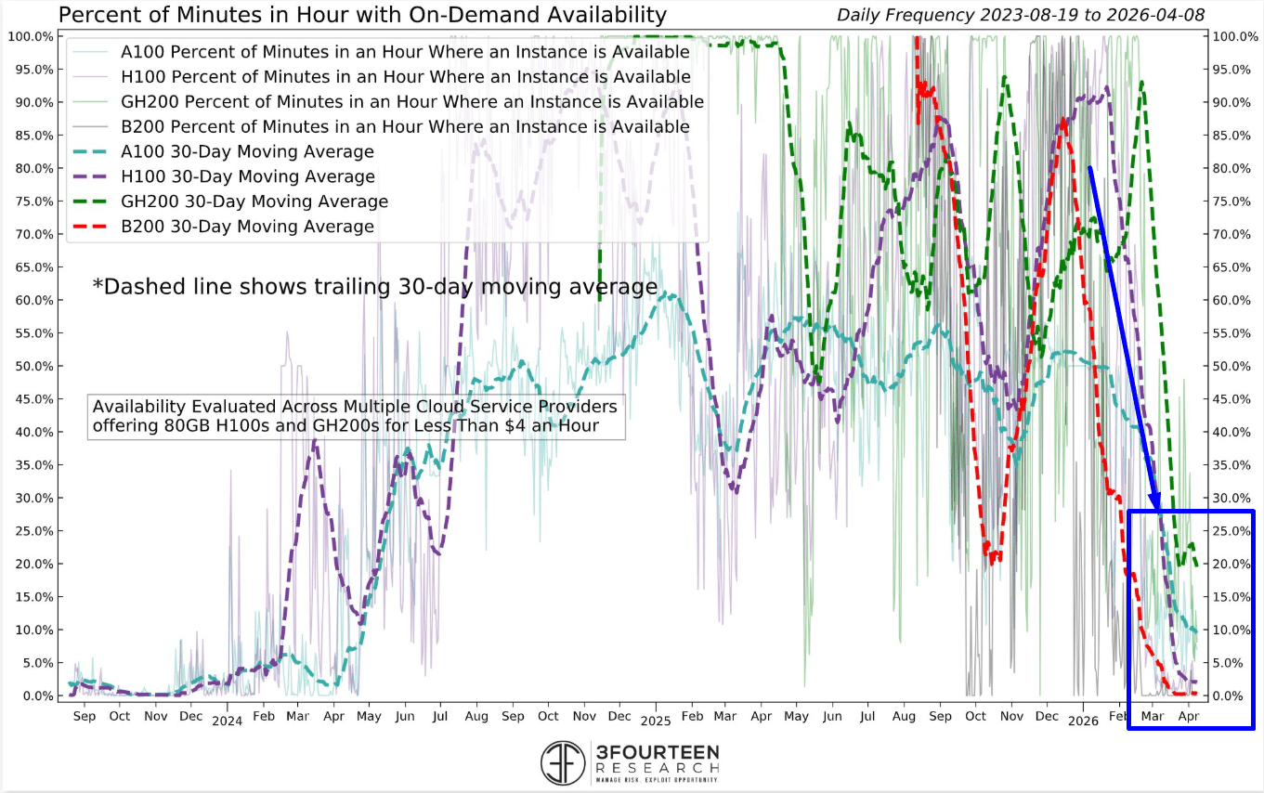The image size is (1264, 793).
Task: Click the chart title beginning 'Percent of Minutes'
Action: point(362,15)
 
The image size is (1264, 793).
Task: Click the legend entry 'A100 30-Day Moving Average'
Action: point(247,151)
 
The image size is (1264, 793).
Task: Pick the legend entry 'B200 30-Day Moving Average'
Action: point(247,227)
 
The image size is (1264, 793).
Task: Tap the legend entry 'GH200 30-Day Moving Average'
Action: point(254,201)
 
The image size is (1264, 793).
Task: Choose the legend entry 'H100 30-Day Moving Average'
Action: point(248,176)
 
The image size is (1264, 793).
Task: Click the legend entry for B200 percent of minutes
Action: point(405,126)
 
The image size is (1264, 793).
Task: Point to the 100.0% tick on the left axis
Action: point(33,36)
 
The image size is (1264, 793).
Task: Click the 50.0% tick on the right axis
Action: point(1234,366)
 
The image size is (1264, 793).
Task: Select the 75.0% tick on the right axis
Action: point(1234,201)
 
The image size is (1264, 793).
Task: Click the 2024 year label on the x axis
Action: point(227,721)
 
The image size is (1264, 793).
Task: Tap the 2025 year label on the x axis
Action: point(655,721)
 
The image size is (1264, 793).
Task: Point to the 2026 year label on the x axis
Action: point(1083,721)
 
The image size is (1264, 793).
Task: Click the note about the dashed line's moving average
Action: point(374,287)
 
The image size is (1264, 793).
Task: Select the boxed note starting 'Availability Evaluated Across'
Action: point(356,417)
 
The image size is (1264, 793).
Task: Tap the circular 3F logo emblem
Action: point(564,762)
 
